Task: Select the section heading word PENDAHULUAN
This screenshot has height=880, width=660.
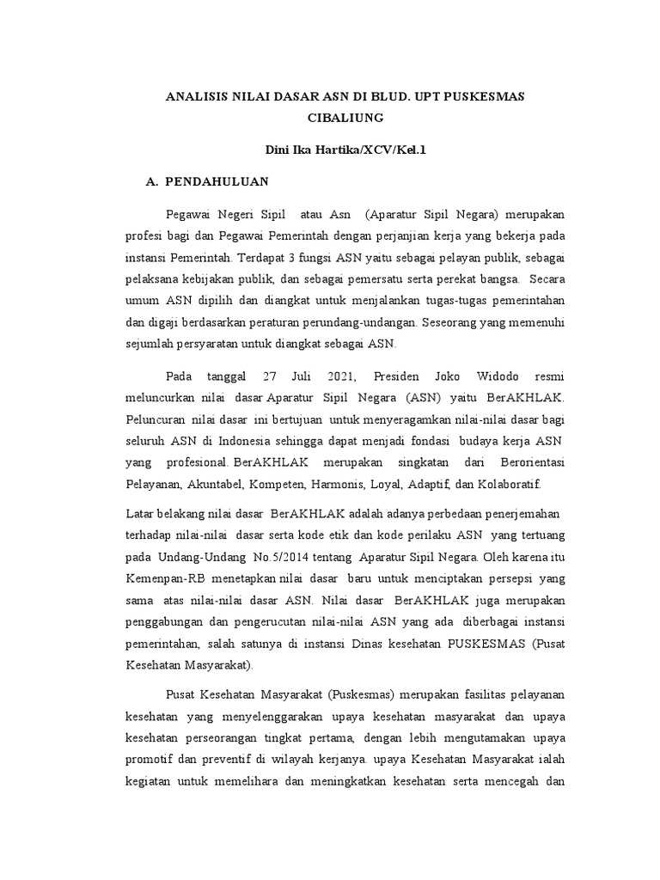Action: tap(217, 181)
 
